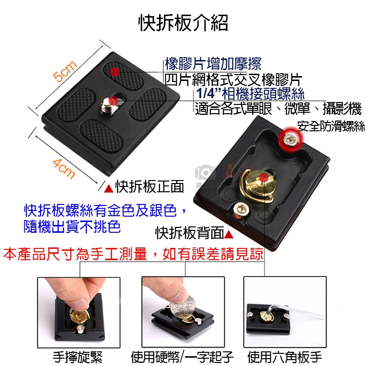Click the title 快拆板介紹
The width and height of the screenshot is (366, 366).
(x=183, y=22)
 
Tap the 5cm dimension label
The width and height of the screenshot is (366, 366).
(x=64, y=71)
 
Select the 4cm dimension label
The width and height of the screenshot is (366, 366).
(x=63, y=169)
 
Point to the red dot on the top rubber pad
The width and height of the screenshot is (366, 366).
(x=115, y=72)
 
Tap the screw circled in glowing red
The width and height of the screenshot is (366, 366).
(x=291, y=140)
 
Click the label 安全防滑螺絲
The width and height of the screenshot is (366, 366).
(x=331, y=126)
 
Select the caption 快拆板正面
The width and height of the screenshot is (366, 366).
(x=149, y=186)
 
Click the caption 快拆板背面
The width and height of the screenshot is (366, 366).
(x=190, y=233)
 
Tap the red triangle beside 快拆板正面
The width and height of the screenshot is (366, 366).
(x=109, y=188)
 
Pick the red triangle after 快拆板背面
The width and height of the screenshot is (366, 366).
(x=229, y=234)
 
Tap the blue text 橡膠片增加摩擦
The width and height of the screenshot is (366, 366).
(x=213, y=64)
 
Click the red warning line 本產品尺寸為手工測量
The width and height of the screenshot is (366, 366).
(x=75, y=254)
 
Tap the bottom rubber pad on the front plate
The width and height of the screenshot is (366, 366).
(x=101, y=136)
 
